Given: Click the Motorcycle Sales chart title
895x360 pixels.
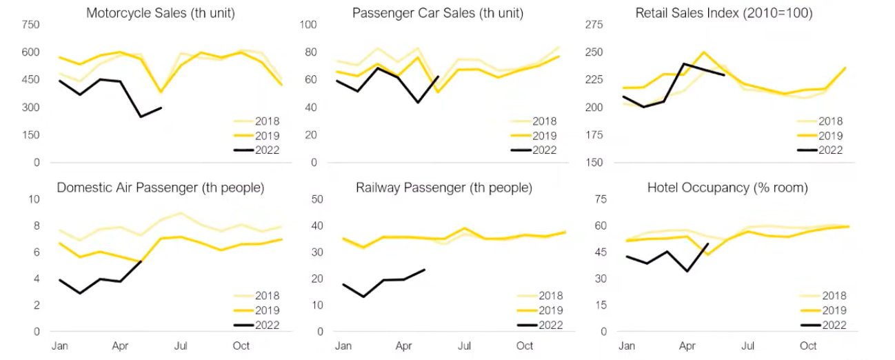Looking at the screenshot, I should tap(161, 13).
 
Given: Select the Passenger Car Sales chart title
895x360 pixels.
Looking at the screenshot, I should tap(438, 13).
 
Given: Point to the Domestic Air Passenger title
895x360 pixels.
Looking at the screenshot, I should tap(161, 188).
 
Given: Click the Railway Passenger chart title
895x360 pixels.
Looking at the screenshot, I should tap(444, 188).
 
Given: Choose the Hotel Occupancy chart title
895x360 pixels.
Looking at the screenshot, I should tap(728, 188).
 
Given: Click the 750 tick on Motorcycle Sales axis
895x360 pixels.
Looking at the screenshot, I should tap(31, 25).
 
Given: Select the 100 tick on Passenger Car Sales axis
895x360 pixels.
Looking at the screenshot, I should tap(308, 25).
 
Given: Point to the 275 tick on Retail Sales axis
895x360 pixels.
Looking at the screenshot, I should tap(594, 25).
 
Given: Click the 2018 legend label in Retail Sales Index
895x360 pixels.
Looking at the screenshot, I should tap(828, 121).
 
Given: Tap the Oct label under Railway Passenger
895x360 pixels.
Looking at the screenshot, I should tap(525, 346).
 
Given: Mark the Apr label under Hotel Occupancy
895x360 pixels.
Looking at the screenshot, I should tap(687, 346).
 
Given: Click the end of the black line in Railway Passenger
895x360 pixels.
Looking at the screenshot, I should tap(425, 270).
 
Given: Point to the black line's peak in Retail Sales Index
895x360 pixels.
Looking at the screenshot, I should tap(684, 63).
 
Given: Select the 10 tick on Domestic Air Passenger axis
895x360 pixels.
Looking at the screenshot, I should tap(34, 199).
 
